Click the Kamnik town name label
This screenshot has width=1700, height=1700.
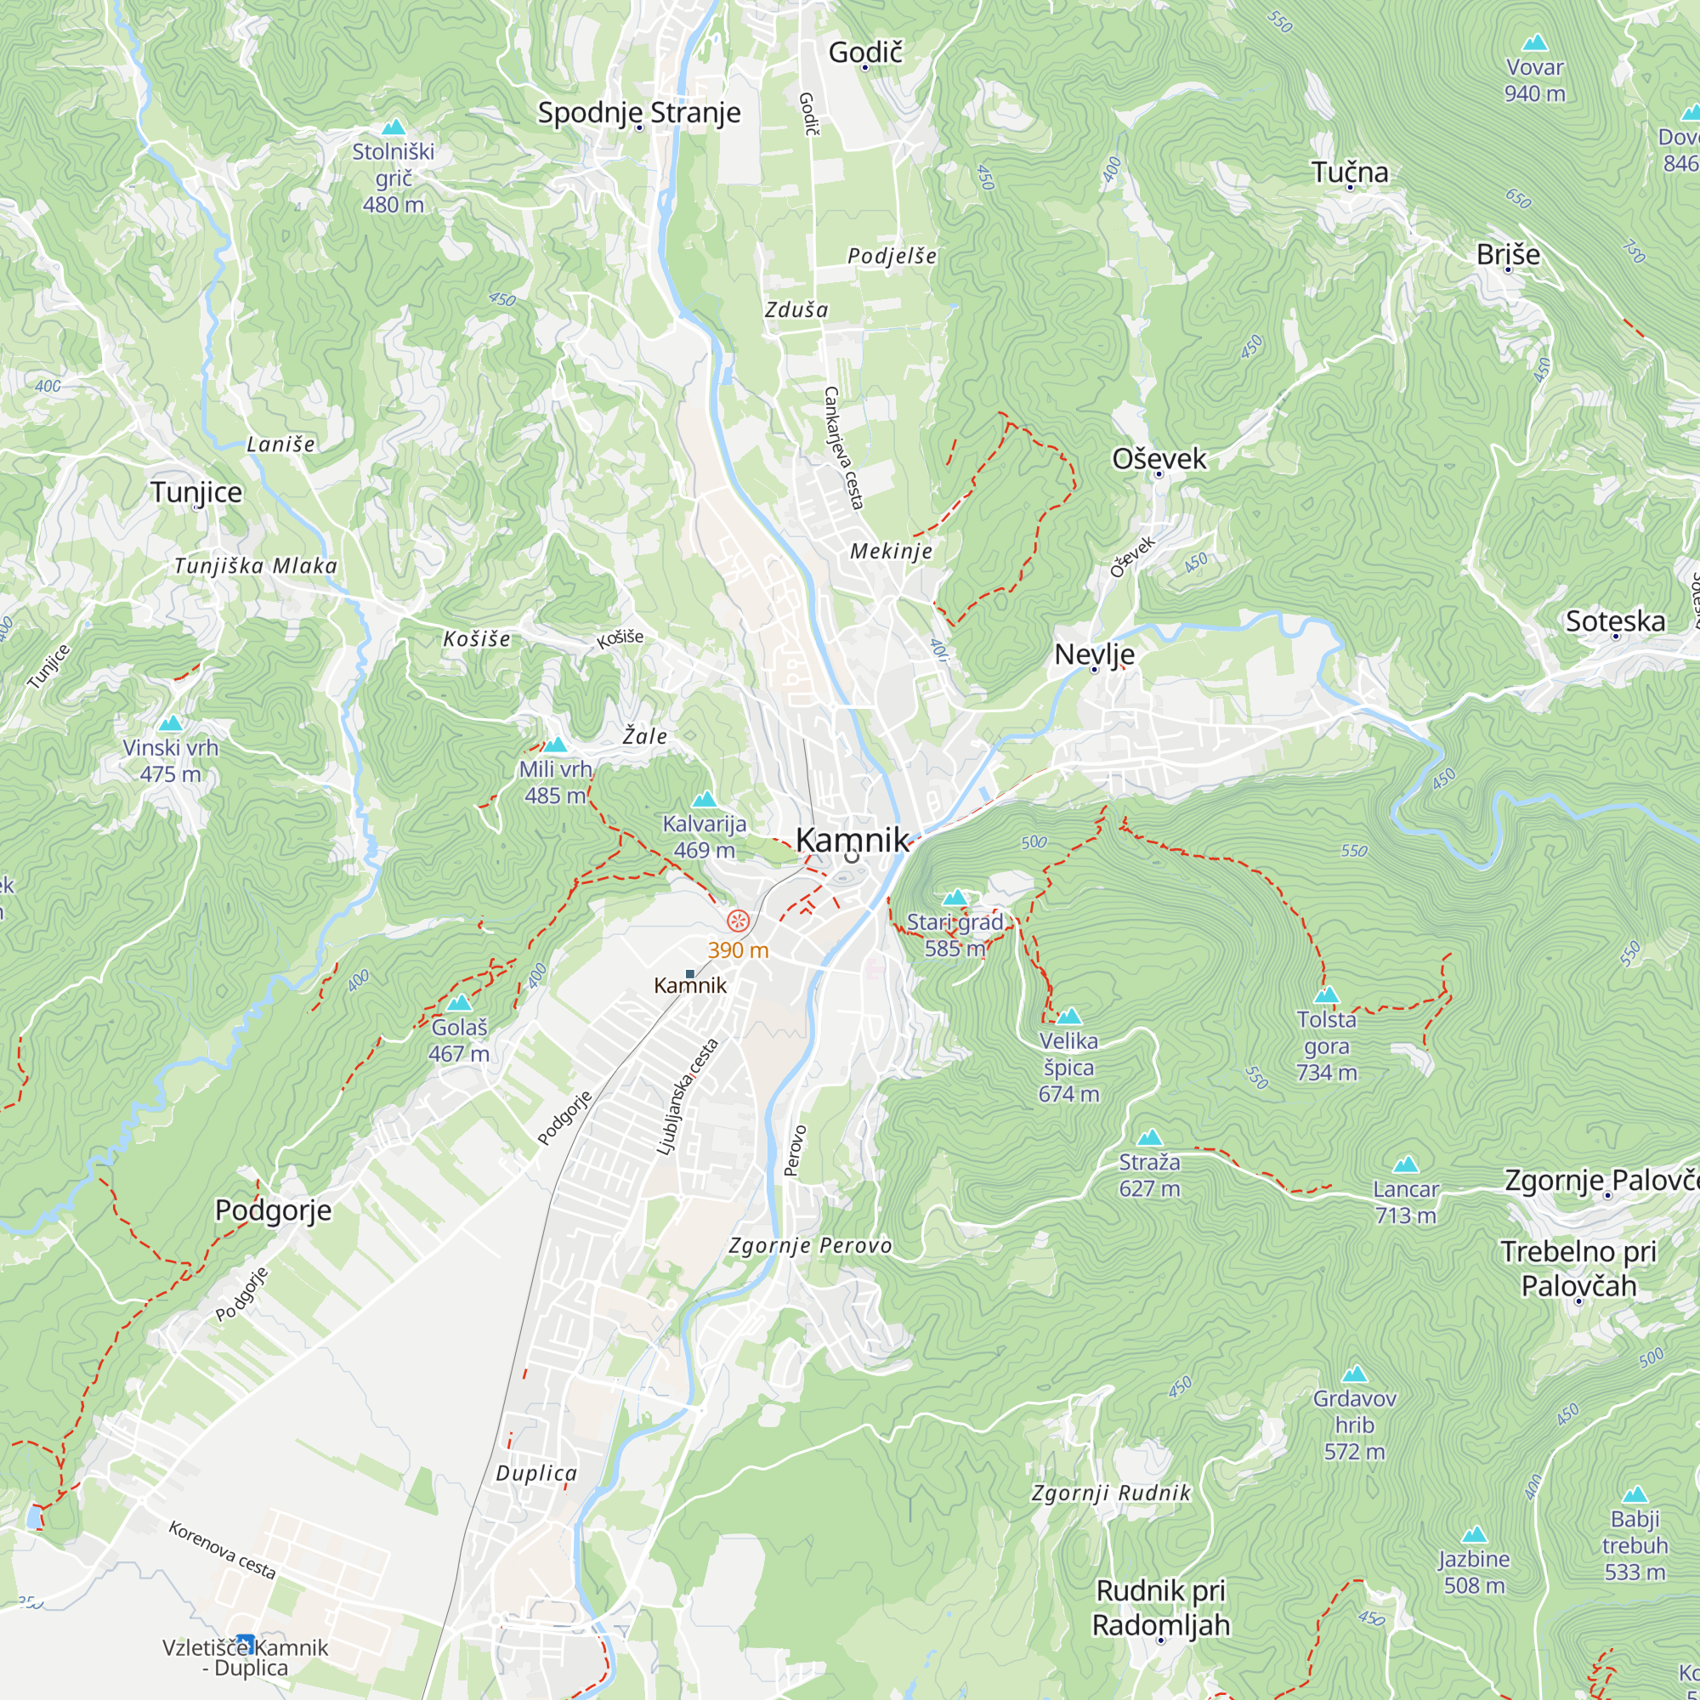click(851, 840)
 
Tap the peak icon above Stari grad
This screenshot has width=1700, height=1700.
click(955, 898)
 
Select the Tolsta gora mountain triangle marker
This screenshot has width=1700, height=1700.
click(1326, 995)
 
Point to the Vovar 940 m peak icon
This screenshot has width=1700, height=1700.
click(1534, 42)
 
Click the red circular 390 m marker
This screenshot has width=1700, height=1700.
click(739, 921)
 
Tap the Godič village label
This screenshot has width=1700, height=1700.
click(865, 53)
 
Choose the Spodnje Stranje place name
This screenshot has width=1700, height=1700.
click(639, 113)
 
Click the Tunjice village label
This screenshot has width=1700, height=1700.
click(195, 492)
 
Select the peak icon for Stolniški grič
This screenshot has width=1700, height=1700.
click(394, 127)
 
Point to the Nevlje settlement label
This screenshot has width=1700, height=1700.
click(1094, 654)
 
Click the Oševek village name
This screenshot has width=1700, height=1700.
click(1159, 458)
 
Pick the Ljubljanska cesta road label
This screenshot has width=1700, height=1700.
click(687, 1096)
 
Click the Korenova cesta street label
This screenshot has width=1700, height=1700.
click(222, 1549)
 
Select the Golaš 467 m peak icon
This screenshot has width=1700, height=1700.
click(458, 1003)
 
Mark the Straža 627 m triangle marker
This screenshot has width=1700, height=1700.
click(1149, 1138)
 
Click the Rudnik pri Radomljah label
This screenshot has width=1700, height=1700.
click(1160, 1606)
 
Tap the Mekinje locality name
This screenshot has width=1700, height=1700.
click(891, 552)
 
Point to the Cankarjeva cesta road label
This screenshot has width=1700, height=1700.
click(843, 448)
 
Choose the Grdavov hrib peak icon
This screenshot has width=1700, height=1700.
click(1354, 1374)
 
